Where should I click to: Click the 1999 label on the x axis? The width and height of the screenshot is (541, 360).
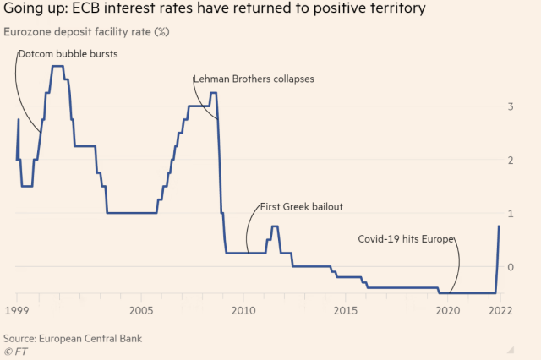click(16, 310)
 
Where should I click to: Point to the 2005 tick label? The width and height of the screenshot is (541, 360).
click(141, 310)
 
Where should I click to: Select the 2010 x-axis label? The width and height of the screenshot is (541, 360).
click(243, 310)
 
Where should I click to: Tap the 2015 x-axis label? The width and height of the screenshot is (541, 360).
click(346, 310)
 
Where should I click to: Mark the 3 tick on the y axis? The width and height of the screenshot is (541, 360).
click(511, 106)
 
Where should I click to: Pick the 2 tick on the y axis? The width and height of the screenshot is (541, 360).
click(511, 160)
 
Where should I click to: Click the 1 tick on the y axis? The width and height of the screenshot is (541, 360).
click(511, 213)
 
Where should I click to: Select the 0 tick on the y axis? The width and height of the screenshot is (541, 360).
click(511, 266)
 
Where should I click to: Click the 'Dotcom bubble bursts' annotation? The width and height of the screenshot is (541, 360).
click(68, 54)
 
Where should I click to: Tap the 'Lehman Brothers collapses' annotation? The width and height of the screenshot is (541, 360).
click(254, 79)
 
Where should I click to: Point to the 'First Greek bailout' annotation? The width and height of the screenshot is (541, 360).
click(300, 206)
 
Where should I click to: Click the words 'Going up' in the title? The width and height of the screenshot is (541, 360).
click(36, 10)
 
